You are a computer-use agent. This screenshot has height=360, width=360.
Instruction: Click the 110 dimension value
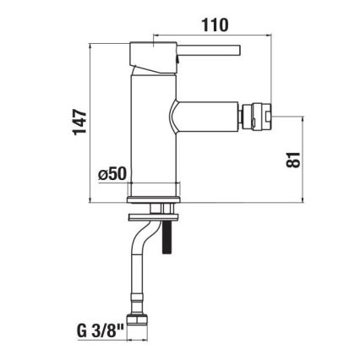click(215, 25)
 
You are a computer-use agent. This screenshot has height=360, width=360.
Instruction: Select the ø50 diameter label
click(112, 173)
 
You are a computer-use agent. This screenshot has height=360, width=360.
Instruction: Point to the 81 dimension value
click(292, 159)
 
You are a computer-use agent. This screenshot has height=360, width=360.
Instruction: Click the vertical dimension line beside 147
click(90, 122)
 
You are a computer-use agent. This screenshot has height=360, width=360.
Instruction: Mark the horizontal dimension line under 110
click(215, 37)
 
